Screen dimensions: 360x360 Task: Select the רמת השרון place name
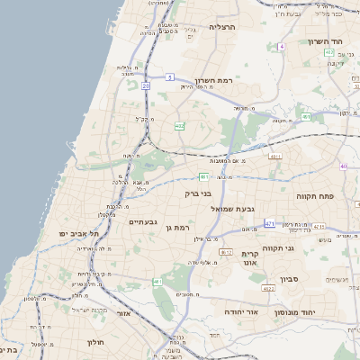click(x=212, y=81)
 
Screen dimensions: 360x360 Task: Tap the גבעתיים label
click(x=143, y=221)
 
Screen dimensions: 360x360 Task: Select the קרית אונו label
click(x=251, y=258)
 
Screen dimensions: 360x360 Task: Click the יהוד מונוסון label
click(x=306, y=310)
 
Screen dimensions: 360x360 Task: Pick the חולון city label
click(x=96, y=342)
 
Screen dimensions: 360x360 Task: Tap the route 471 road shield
click(x=269, y=222)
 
